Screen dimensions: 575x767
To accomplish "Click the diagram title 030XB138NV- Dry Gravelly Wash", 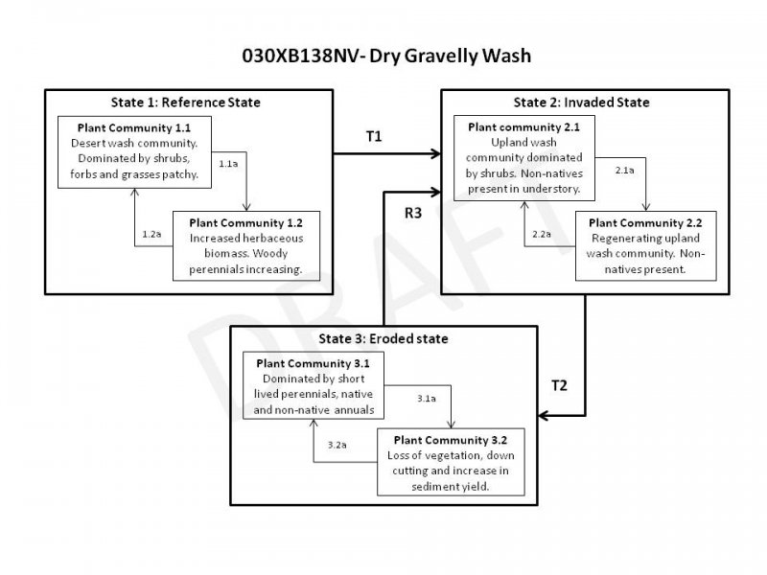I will tap(383, 56).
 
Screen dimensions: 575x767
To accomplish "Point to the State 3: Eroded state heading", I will tap(383, 339).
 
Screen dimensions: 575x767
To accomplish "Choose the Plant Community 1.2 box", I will tap(245, 246).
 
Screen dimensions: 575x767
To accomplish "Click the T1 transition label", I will tap(374, 137).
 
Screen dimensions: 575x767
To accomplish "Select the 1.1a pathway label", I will tap(228, 164).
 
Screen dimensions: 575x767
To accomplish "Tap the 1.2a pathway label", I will tap(151, 234).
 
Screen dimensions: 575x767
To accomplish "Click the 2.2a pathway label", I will tap(542, 234).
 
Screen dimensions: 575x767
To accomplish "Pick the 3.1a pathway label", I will tap(427, 398).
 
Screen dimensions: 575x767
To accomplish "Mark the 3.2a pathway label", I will tap(337, 446).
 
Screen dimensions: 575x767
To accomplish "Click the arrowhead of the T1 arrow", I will tap(434, 152).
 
